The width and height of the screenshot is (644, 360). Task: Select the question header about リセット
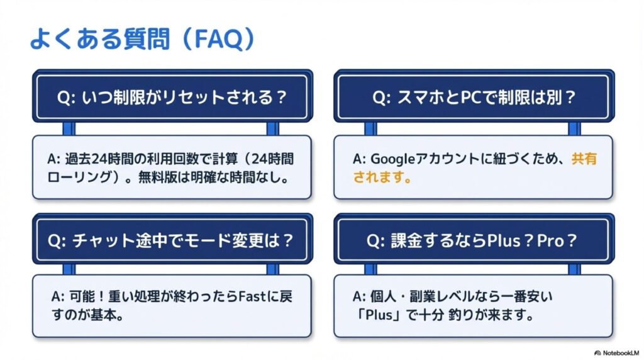(171, 98)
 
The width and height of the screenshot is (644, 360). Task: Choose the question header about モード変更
(171, 240)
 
